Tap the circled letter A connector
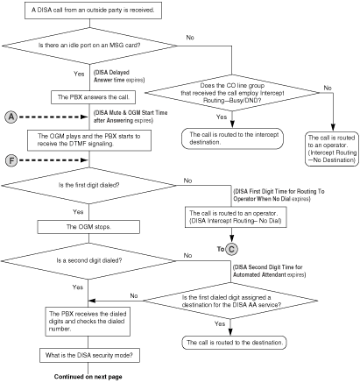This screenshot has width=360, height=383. click(11, 116)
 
